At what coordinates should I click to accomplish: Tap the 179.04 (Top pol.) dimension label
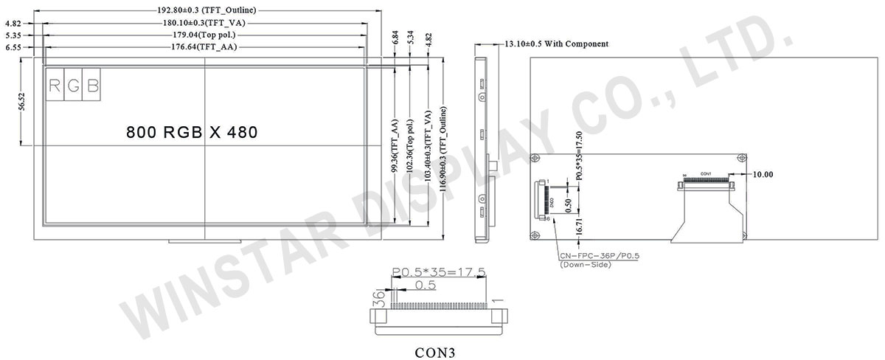(x=203, y=35)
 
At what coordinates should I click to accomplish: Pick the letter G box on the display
(x=74, y=86)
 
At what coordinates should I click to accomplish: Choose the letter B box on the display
(x=93, y=86)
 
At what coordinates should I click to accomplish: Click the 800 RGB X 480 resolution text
(x=192, y=133)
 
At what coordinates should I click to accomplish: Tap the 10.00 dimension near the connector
(x=763, y=175)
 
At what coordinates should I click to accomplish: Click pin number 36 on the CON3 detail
(x=377, y=299)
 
